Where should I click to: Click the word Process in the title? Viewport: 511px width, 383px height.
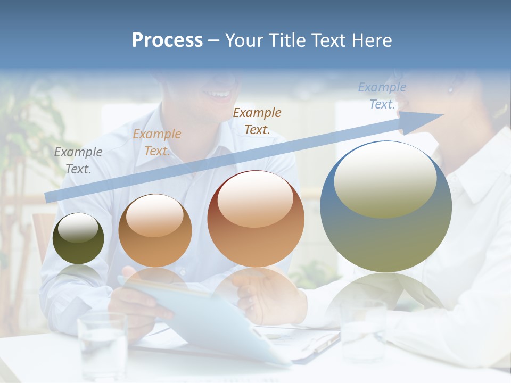coord(167,40)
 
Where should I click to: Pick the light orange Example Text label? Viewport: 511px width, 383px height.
coord(157,143)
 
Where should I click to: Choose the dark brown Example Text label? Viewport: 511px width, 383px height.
coord(257,121)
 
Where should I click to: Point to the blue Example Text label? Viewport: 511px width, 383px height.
coord(382,96)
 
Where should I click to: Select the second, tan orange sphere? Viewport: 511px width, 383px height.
coord(155,245)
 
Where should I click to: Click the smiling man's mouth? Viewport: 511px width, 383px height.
coord(220,95)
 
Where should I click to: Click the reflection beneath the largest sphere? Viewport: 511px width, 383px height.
coord(386,293)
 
